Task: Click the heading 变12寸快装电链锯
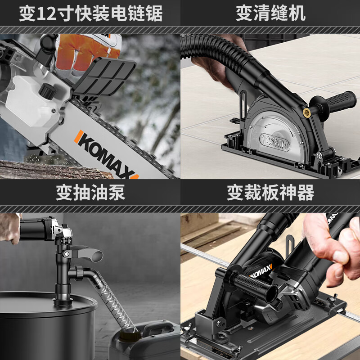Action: point(90,13)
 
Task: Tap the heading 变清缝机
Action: point(270,13)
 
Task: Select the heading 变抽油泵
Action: point(90,193)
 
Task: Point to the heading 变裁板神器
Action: point(270,193)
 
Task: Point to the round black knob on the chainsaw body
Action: point(47,92)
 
